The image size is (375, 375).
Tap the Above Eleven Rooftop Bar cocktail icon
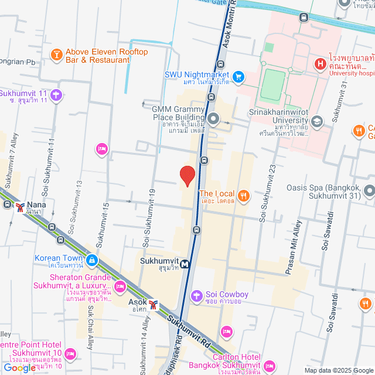pyautogui.click(x=56, y=55)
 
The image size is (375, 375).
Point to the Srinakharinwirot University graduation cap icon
pyautogui.click(x=317, y=121)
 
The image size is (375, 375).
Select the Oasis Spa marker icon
pyautogui.click(x=369, y=191)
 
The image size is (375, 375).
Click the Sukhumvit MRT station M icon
pyautogui.click(x=185, y=264)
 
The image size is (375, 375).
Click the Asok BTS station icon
pyautogui.click(x=153, y=304)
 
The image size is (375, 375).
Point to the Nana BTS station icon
pyautogui.click(x=21, y=207)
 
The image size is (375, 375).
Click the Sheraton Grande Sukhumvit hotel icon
pyautogui.click(x=120, y=287)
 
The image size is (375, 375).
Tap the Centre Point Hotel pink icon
pyautogui.click(x=70, y=353)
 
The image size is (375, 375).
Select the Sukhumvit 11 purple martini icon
pyautogui.click(x=56, y=94)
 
